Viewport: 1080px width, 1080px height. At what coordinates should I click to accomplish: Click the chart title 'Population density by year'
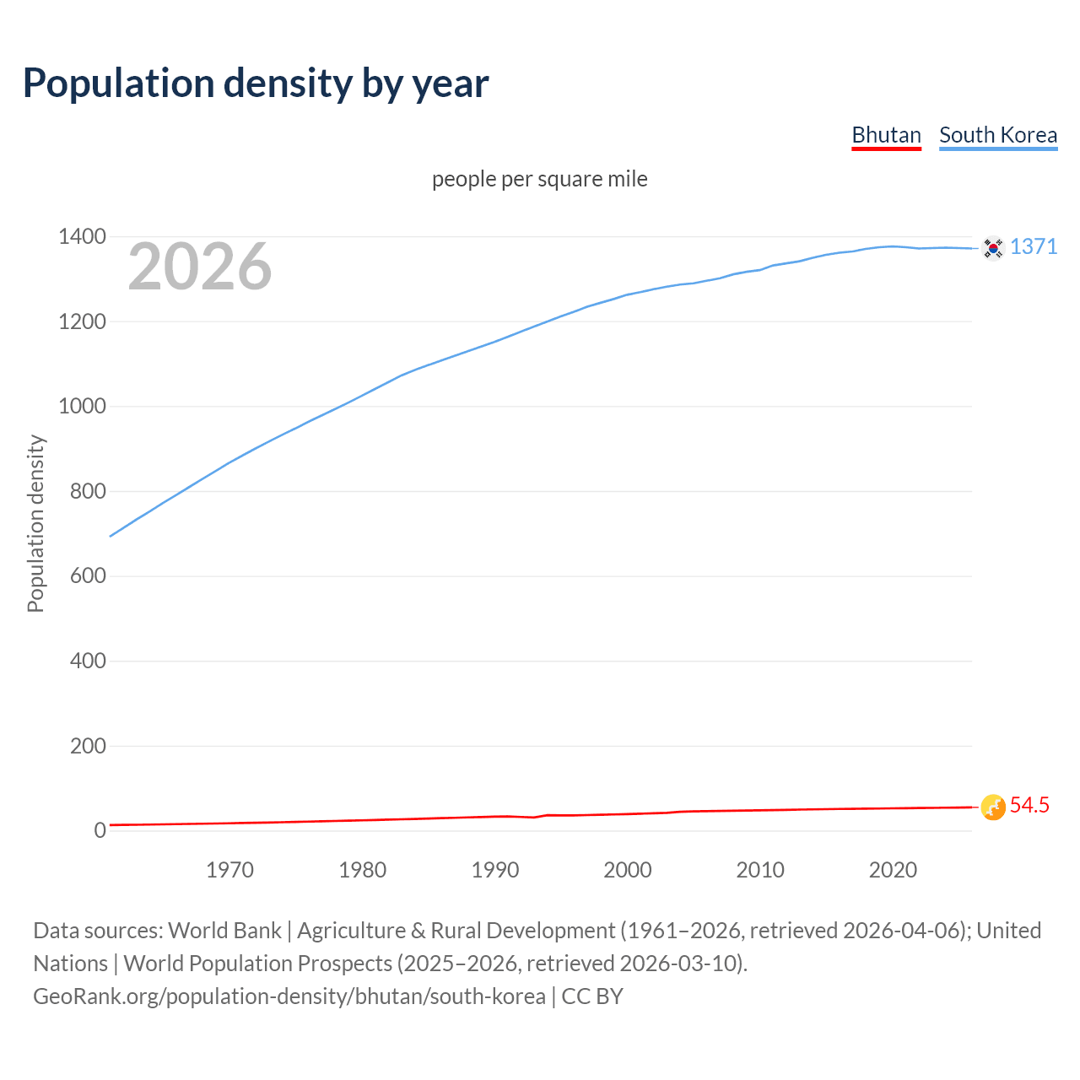(x=256, y=83)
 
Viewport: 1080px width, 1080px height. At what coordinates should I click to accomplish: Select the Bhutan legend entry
(x=886, y=135)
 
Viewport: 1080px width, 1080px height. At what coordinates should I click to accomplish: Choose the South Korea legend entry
(x=998, y=135)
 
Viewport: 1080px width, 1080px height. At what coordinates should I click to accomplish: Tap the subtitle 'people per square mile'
(x=540, y=179)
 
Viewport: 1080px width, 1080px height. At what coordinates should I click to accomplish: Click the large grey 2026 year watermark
(x=200, y=267)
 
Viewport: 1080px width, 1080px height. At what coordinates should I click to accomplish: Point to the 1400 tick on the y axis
(x=82, y=237)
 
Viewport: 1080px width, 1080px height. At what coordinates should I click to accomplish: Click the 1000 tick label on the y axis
(x=82, y=407)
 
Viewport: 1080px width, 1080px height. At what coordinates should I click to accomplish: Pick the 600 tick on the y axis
(x=88, y=576)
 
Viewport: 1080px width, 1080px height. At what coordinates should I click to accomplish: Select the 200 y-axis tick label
(x=88, y=746)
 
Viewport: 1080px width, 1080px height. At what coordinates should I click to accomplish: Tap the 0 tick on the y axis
(x=100, y=830)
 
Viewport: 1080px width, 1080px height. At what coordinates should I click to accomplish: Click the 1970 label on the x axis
(x=229, y=870)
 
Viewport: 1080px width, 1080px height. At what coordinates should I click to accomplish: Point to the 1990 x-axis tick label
(x=495, y=870)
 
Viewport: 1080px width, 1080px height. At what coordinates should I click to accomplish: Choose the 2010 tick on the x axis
(x=760, y=870)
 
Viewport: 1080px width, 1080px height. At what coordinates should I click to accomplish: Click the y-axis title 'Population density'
(x=35, y=523)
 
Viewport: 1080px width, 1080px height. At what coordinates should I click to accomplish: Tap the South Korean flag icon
(x=993, y=248)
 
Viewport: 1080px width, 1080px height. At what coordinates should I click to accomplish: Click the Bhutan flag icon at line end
(x=993, y=807)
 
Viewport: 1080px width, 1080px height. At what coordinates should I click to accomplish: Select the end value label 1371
(x=1034, y=246)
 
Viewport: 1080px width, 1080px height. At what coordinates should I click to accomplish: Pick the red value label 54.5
(x=1029, y=805)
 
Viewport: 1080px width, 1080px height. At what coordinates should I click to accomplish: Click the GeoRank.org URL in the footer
(x=289, y=996)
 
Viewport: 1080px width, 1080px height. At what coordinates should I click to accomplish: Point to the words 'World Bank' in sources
(x=224, y=931)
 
